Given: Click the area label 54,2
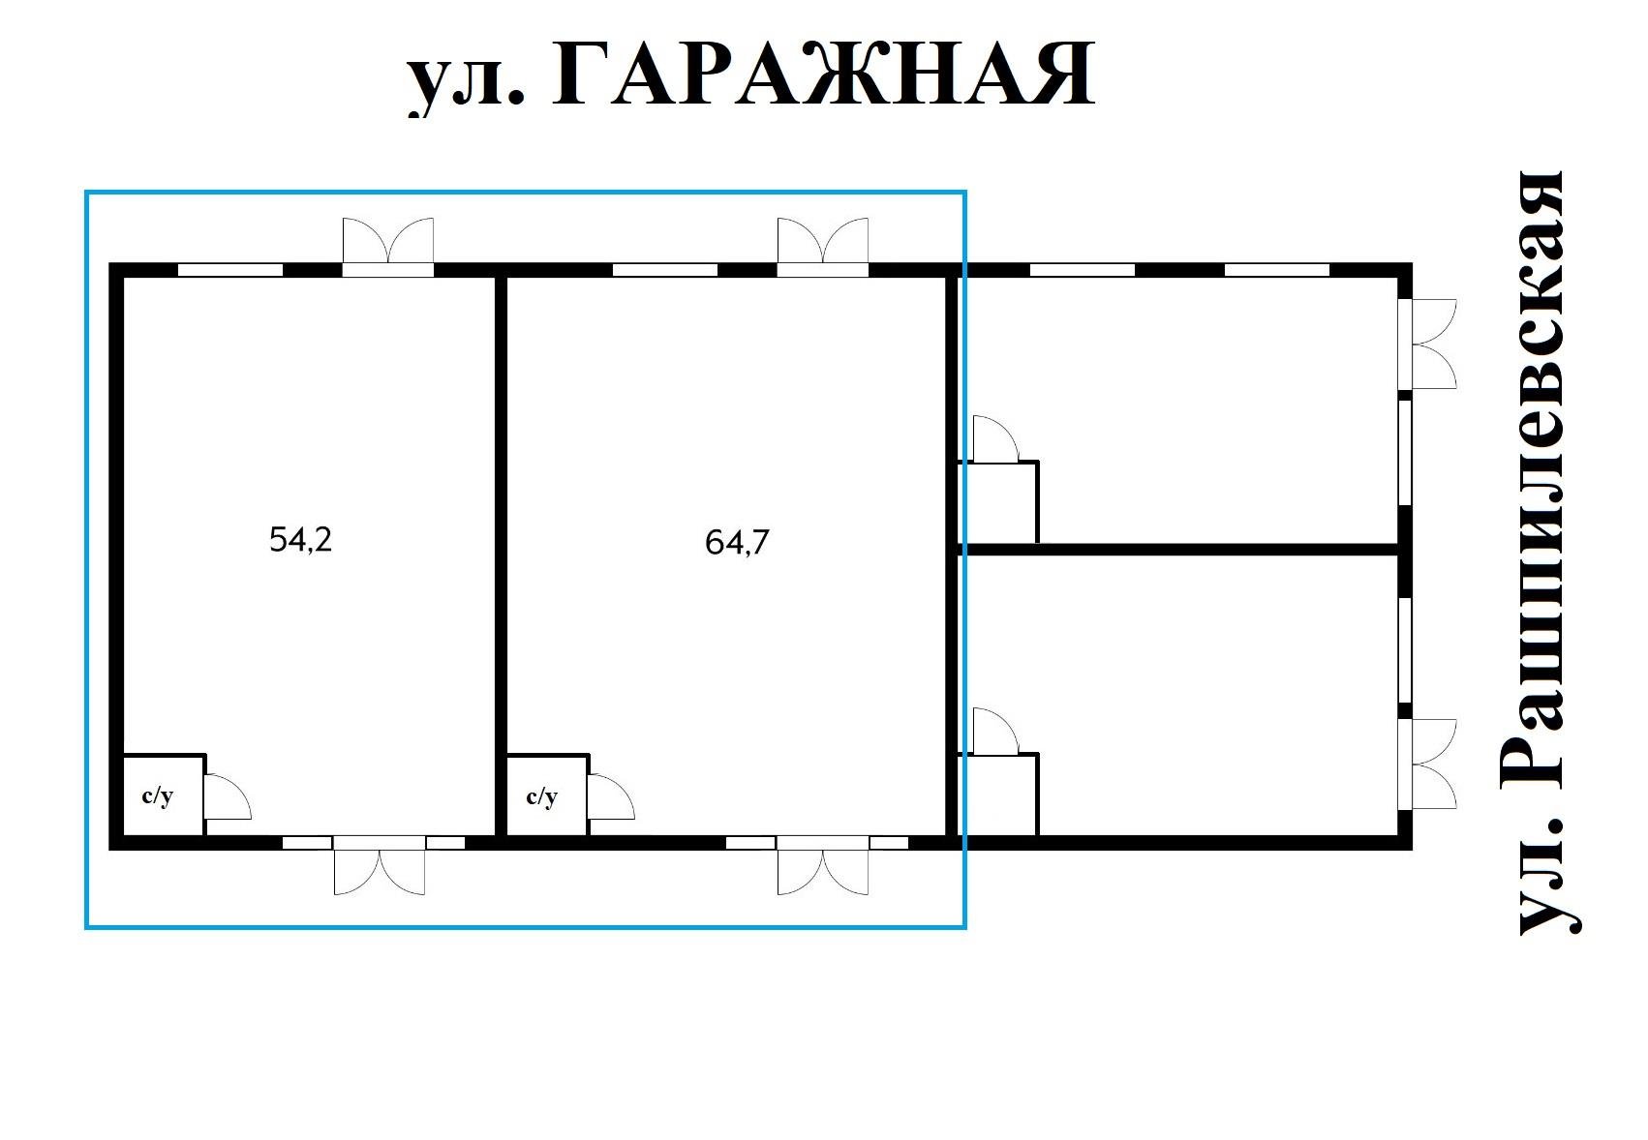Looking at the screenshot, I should click(x=300, y=540).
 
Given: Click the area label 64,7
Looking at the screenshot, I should click(x=737, y=543).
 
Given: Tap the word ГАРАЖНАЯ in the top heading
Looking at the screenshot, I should click(x=823, y=75).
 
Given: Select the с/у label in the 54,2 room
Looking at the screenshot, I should click(x=158, y=796).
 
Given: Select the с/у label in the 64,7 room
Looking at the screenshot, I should click(x=542, y=796).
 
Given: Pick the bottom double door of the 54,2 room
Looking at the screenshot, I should click(x=379, y=868).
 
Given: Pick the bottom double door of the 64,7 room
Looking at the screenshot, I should click(x=822, y=868).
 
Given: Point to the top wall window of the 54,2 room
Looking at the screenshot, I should click(x=230, y=270).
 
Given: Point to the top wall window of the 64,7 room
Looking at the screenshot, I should click(x=664, y=270).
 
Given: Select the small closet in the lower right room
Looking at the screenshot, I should click(x=999, y=795).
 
